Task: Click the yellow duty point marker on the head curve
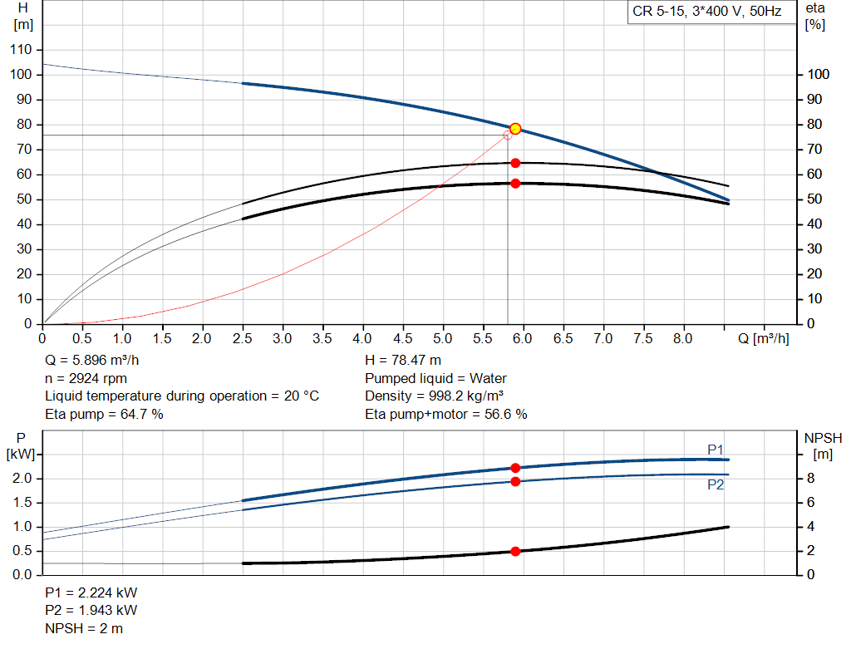(x=515, y=129)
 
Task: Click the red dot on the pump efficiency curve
(x=515, y=163)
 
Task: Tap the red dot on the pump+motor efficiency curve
(x=515, y=183)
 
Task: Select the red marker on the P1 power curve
(x=515, y=468)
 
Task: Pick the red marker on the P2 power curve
(x=515, y=481)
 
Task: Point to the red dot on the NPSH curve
(x=515, y=551)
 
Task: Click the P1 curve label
(x=716, y=450)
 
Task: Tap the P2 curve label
(x=716, y=485)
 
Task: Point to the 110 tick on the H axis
(x=22, y=50)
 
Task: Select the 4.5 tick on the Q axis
(x=403, y=339)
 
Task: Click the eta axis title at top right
(x=815, y=15)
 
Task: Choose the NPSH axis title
(x=823, y=445)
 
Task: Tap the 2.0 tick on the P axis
(x=22, y=479)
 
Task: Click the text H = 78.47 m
(x=403, y=361)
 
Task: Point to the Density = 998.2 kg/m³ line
(x=435, y=396)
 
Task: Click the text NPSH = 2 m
(x=84, y=628)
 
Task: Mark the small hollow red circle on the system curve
(x=508, y=135)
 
